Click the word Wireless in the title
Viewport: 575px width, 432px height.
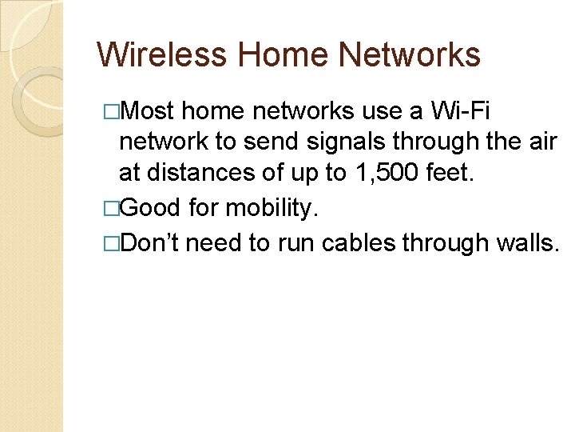click(x=162, y=54)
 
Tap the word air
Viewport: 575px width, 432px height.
click(x=541, y=141)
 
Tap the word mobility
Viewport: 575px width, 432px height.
click(x=272, y=208)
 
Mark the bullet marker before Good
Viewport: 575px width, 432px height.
click(x=111, y=209)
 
